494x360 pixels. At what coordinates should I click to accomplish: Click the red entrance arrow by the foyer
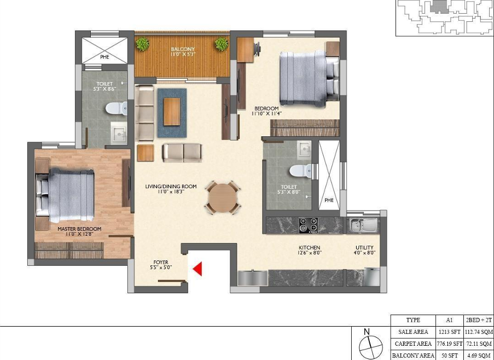pos(197,269)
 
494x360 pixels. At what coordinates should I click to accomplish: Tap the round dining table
pos(223,198)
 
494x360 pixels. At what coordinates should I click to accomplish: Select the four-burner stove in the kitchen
pos(308,225)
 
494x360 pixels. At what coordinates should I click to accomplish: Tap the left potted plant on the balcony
pos(143,44)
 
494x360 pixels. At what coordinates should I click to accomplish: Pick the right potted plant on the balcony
pos(222,44)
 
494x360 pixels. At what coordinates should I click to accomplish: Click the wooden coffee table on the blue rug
pos(172,112)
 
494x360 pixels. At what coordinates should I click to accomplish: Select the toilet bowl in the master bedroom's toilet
pos(117,108)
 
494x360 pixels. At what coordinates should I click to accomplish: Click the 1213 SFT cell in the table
pos(450,332)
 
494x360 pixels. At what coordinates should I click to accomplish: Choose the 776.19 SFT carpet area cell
pos(450,343)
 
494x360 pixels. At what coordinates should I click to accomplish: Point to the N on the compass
pos(367,332)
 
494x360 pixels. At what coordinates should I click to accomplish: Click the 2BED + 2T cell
pos(479,320)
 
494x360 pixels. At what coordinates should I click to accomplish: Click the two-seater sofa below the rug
pos(182,153)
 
